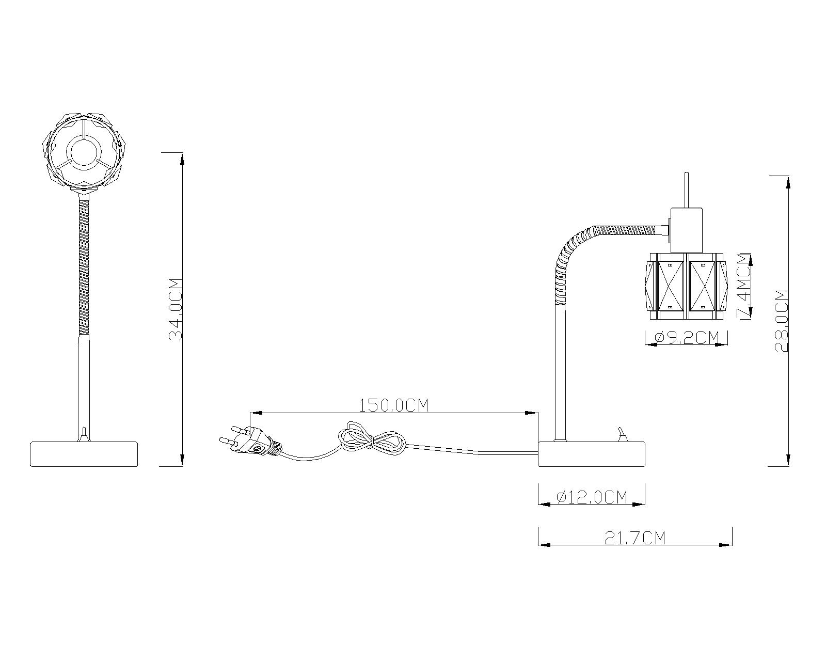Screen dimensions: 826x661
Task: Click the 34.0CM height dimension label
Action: point(175,309)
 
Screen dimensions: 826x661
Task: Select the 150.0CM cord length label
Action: point(393,405)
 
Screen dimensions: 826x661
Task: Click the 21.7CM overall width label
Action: point(635,538)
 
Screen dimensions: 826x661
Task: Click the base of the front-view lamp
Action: point(84,454)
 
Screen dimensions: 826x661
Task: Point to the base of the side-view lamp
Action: point(592,454)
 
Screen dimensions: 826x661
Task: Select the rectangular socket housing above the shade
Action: point(687,230)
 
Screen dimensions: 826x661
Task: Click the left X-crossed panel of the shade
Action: point(670,286)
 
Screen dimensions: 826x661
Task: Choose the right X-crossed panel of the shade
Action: point(703,286)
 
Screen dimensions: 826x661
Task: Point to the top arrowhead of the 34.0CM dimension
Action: point(182,159)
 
